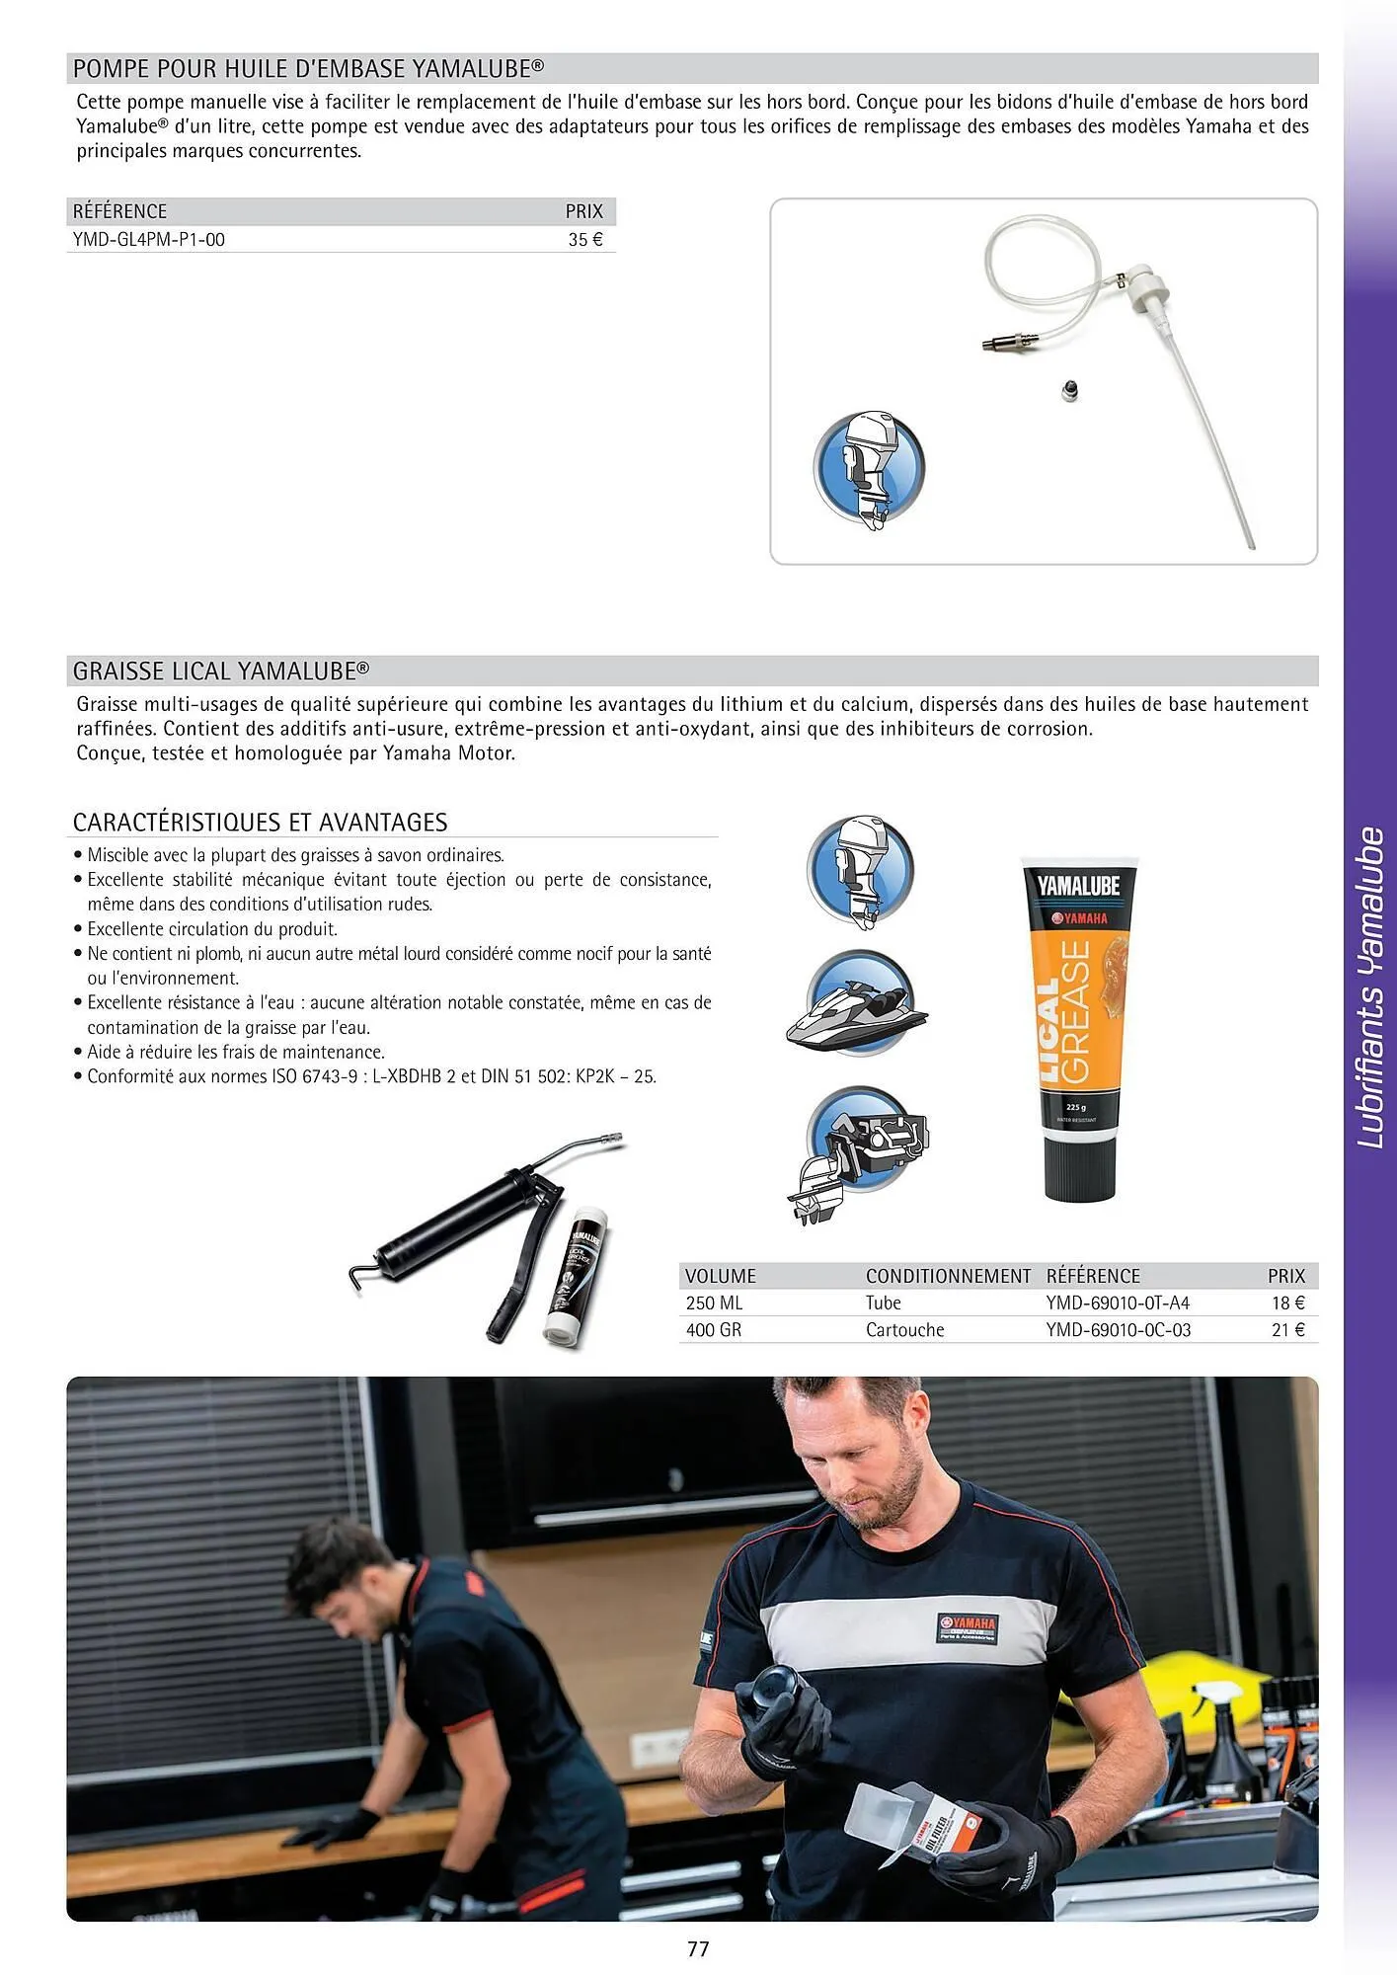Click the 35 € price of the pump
point(584,240)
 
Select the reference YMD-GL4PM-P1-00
point(149,240)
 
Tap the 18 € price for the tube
point(1287,1303)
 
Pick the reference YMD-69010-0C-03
point(1118,1330)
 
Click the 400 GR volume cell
point(713,1330)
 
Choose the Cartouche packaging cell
point(904,1330)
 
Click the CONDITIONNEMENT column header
point(948,1276)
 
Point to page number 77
point(698,1948)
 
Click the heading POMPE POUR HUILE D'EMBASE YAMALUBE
point(308,68)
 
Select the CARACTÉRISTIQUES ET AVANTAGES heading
point(261,823)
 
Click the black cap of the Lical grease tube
point(1080,1171)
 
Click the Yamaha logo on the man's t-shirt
point(968,1623)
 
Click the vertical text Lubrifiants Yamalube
point(1370,987)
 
